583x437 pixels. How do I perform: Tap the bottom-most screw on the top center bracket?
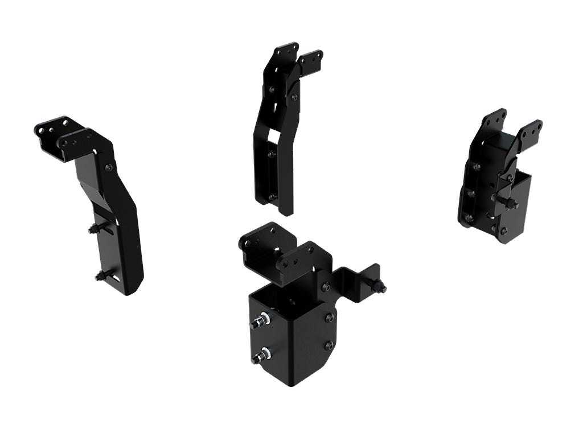(x=272, y=197)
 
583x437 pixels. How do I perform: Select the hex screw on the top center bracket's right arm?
(x=294, y=97)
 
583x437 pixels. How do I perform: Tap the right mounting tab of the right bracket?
(x=531, y=130)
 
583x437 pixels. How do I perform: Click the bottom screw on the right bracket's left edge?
(x=469, y=217)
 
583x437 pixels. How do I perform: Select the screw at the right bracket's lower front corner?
(x=503, y=230)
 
